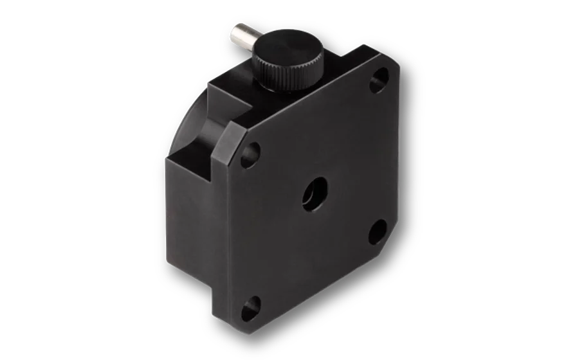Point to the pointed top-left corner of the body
[209, 84]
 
